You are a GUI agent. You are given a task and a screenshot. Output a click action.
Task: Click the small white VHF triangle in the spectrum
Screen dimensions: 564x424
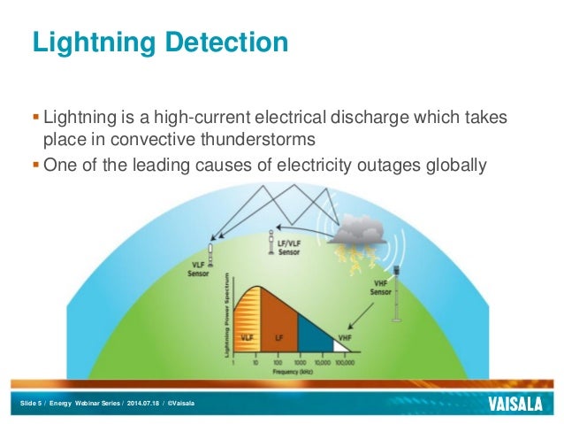pos(343,346)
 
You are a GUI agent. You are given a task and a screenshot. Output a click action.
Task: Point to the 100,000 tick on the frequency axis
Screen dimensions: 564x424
pos(347,363)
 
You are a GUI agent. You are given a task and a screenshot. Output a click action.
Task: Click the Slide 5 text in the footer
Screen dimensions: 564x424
pos(32,405)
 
